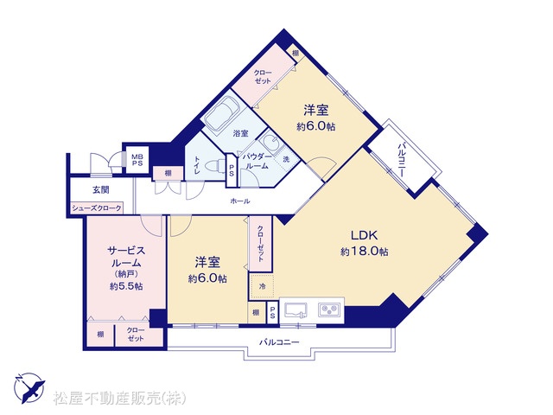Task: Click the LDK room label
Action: [364, 235]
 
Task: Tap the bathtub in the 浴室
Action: [222, 113]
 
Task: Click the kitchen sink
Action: [296, 310]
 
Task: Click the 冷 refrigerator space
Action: [263, 286]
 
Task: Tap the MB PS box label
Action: [137, 160]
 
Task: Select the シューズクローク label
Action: [97, 208]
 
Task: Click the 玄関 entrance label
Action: [101, 190]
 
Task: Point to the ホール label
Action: [240, 201]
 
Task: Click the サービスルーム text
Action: [126, 257]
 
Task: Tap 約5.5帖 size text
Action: [126, 286]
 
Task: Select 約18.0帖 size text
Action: [365, 252]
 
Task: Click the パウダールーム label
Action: [257, 162]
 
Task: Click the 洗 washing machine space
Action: [286, 159]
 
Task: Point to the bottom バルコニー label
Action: [279, 342]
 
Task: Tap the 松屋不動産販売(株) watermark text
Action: [119, 398]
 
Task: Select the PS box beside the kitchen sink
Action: [272, 313]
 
